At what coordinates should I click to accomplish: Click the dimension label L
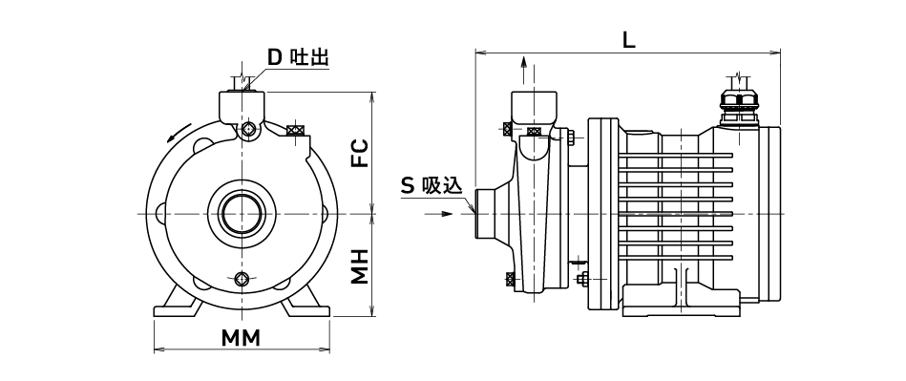[628, 40]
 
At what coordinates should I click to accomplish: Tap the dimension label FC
[361, 153]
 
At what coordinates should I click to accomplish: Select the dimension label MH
[361, 266]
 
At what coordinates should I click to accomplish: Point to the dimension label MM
[242, 338]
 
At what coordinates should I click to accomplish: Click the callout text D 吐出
[298, 57]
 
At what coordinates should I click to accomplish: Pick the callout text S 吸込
[432, 185]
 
